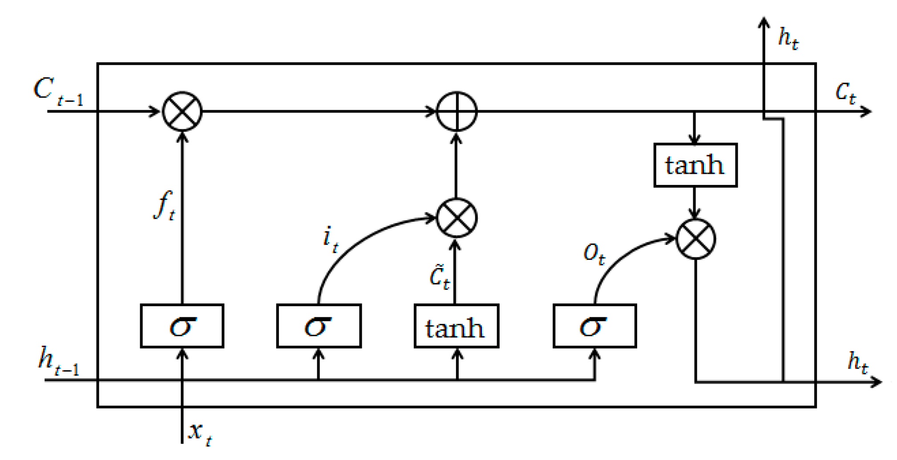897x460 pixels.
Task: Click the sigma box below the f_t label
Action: tap(182, 326)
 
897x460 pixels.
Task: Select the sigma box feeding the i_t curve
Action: tap(319, 326)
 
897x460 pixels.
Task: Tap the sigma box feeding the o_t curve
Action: tap(594, 326)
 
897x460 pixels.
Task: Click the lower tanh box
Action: tap(456, 326)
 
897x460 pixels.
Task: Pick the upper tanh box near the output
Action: tap(695, 165)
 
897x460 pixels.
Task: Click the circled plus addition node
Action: tap(457, 111)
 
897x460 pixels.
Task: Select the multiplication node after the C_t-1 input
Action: tap(182, 111)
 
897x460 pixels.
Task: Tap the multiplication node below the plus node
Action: tap(457, 218)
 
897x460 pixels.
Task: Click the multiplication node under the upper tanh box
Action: tap(695, 239)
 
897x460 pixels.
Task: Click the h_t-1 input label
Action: tap(58, 362)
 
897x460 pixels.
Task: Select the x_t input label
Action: tap(200, 432)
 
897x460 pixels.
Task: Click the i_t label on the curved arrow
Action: tap(330, 239)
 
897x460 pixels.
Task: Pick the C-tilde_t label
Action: tap(439, 277)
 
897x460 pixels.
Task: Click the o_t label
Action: tap(594, 254)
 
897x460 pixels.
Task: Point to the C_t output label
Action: tap(845, 93)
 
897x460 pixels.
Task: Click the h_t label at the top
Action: tap(788, 38)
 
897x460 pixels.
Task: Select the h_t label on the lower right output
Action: tap(857, 362)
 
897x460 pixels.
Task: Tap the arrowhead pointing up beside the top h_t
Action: tap(764, 22)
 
